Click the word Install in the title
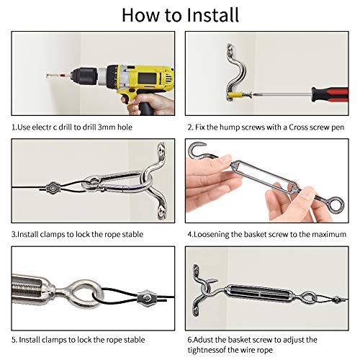tap(212, 15)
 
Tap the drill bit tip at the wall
tap(47, 76)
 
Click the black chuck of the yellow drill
tap(84, 76)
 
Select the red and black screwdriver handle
tap(330, 95)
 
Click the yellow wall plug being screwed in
tap(235, 95)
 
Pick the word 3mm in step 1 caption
tap(107, 127)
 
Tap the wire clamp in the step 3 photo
tap(53, 188)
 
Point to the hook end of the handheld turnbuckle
tap(197, 151)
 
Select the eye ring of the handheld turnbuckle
tap(336, 204)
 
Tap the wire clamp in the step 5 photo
tap(147, 298)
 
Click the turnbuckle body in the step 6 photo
tap(258, 294)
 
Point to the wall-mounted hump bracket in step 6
tap(201, 289)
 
